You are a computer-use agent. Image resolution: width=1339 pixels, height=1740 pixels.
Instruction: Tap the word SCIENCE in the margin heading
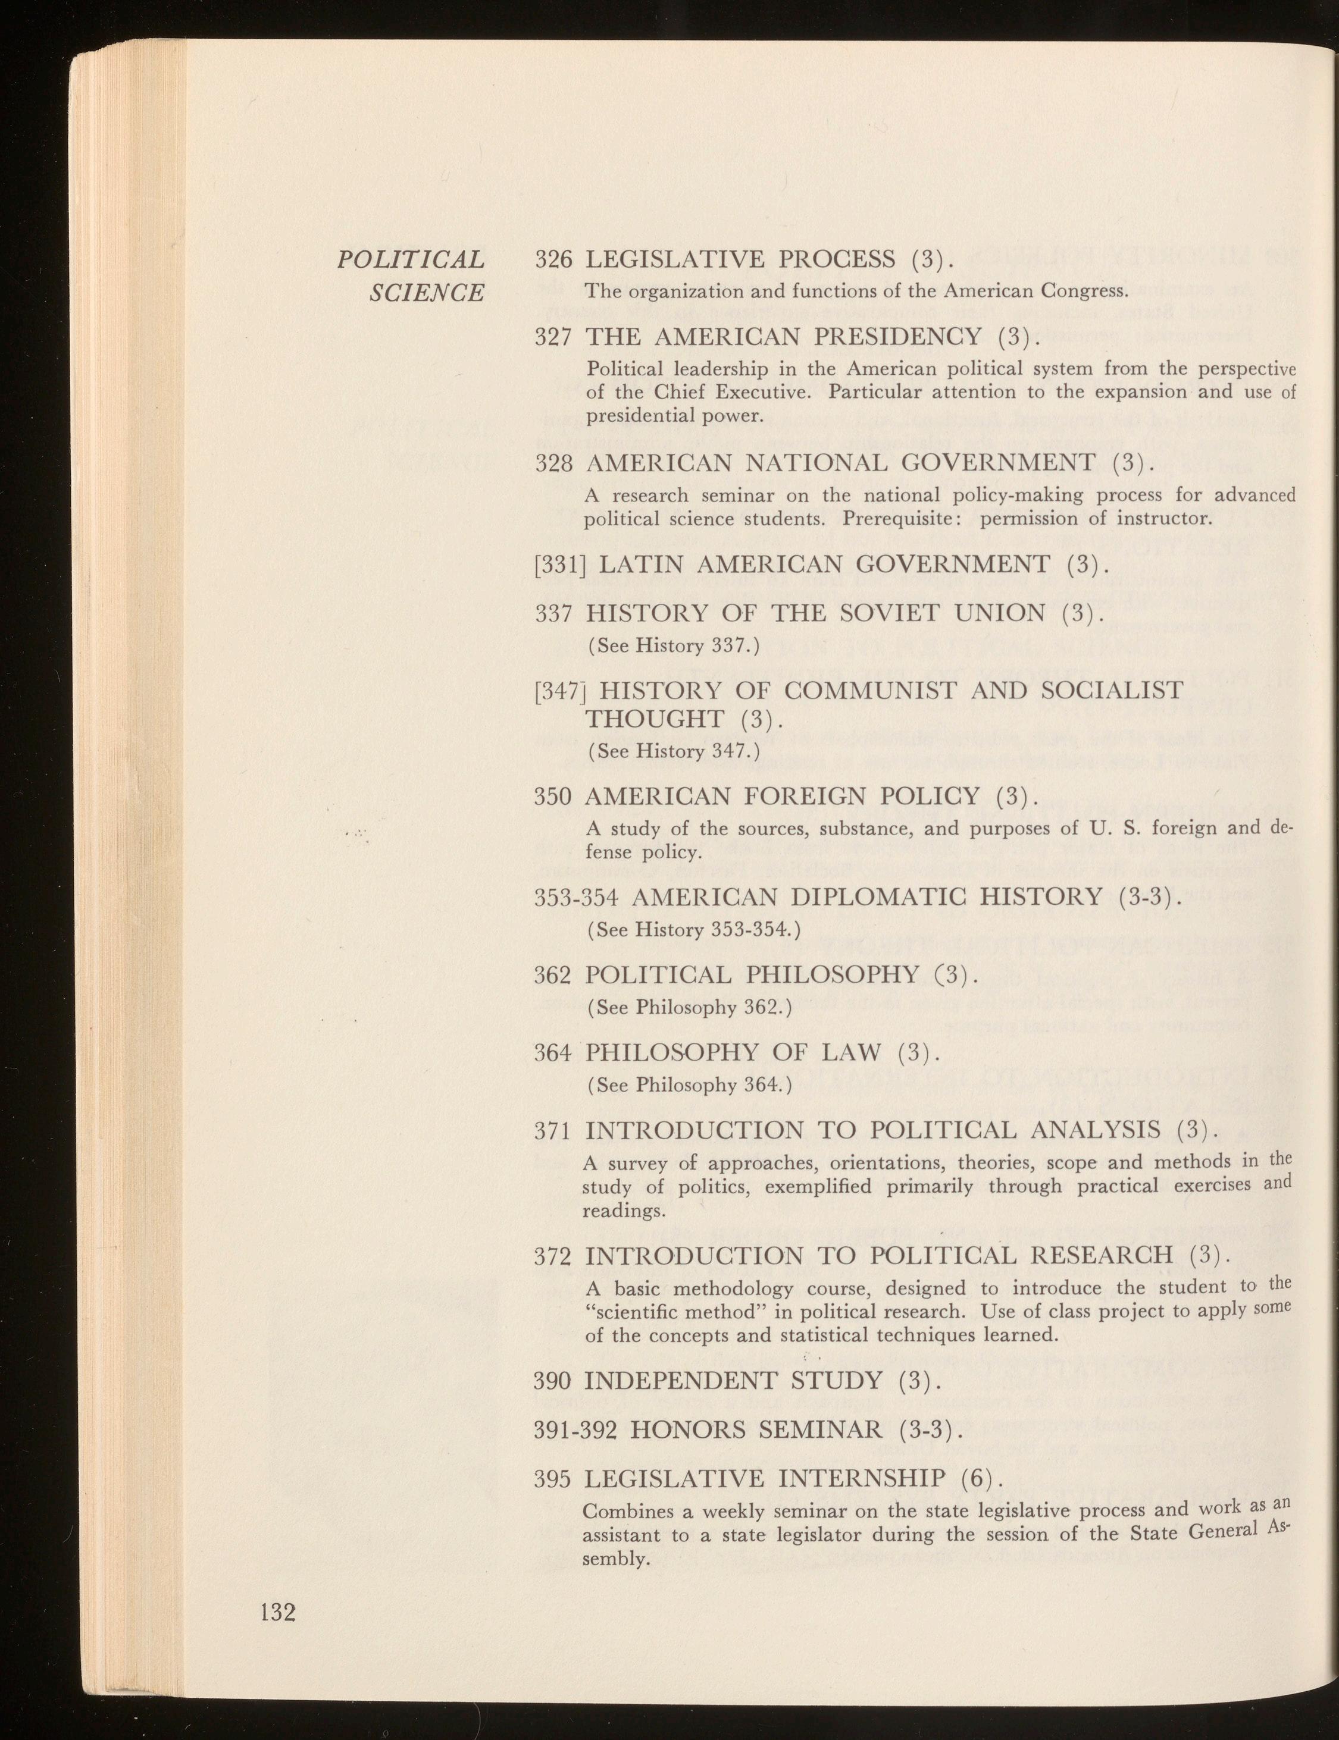point(427,293)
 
